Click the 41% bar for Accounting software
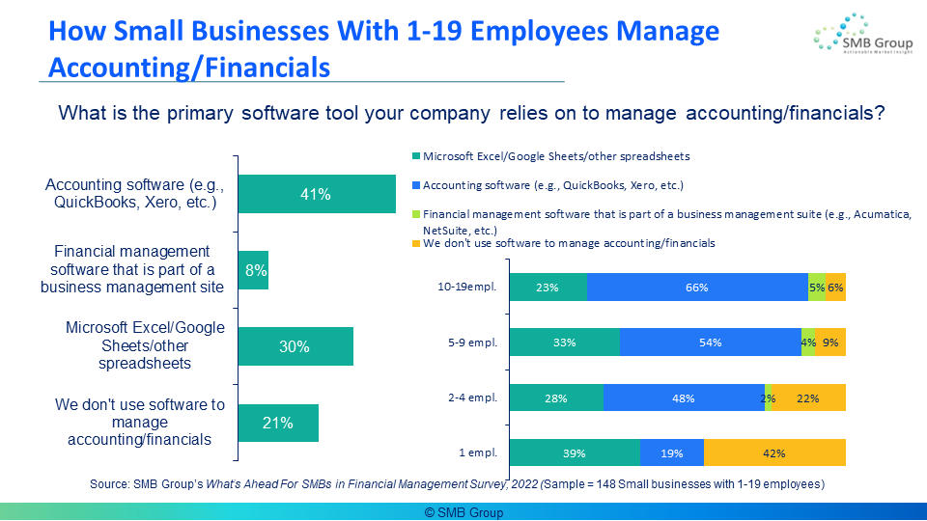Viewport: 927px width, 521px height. pyautogui.click(x=316, y=194)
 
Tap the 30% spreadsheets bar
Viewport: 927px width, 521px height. pyautogui.click(x=295, y=346)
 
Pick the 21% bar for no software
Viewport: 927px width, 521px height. pyautogui.click(x=278, y=423)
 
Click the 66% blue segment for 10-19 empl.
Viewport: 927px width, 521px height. pyautogui.click(x=696, y=288)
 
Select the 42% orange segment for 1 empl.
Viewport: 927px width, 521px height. pyautogui.click(x=774, y=453)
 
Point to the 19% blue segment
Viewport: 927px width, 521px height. pyautogui.click(x=671, y=453)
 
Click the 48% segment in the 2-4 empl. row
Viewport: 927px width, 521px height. pyautogui.click(x=684, y=398)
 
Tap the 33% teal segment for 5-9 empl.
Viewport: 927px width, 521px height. pyautogui.click(x=564, y=343)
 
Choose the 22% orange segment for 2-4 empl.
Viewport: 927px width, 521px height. pyautogui.click(x=809, y=398)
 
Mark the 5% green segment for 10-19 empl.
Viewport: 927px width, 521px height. pyautogui.click(x=817, y=288)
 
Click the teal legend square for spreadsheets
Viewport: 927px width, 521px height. pyautogui.click(x=416, y=156)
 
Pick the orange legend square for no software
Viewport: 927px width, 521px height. pyautogui.click(x=416, y=244)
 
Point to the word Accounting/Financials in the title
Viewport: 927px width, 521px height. pyautogui.click(x=189, y=69)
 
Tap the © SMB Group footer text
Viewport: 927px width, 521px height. pyautogui.click(x=463, y=512)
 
